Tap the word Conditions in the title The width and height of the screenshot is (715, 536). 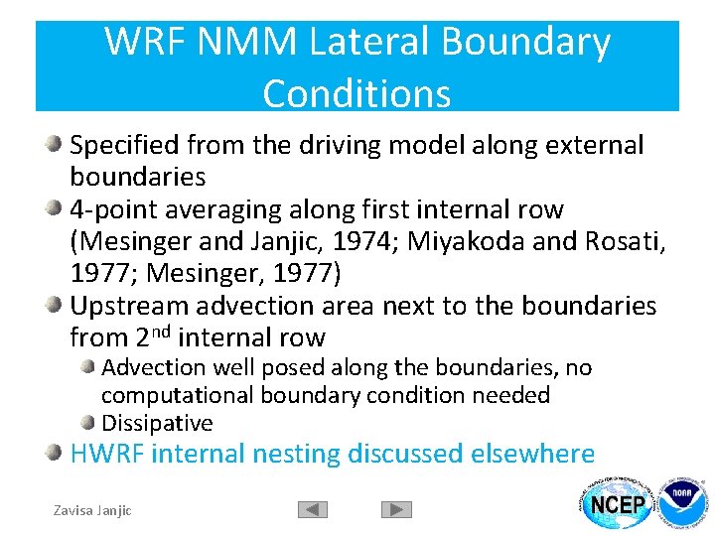[x=357, y=93]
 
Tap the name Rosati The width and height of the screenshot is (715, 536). [x=620, y=241]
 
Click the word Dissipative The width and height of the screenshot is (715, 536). [x=157, y=423]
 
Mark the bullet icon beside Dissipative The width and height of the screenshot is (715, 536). [x=89, y=422]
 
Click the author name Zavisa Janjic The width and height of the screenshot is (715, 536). [x=91, y=510]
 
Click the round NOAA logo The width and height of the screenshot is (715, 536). [x=682, y=505]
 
